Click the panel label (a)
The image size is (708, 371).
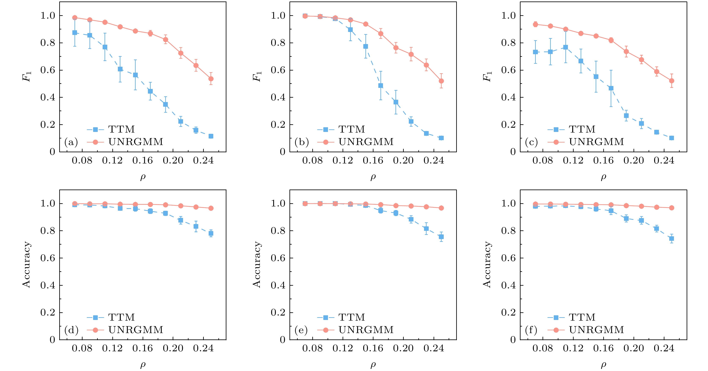(x=71, y=142)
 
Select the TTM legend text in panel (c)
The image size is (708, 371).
(x=582, y=129)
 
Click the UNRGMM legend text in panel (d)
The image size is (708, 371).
(x=136, y=330)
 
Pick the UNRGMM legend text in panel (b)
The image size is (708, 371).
(x=366, y=142)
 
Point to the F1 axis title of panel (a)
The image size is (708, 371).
(x=27, y=76)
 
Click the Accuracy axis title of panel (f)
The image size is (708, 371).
(x=487, y=264)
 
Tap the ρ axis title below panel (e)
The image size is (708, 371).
(x=373, y=365)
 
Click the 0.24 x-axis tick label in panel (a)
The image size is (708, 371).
(x=203, y=161)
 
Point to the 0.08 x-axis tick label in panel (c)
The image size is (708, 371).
(x=543, y=161)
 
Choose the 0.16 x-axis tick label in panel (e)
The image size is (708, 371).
(x=373, y=349)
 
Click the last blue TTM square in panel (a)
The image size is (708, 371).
(x=211, y=136)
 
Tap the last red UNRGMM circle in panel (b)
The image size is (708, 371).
(x=441, y=81)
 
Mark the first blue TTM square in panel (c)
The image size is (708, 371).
(x=535, y=52)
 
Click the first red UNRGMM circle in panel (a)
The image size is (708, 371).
(x=75, y=18)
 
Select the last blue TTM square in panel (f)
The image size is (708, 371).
(x=671, y=238)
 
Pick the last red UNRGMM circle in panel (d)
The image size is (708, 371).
(x=211, y=208)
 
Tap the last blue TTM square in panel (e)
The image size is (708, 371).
(x=441, y=237)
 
